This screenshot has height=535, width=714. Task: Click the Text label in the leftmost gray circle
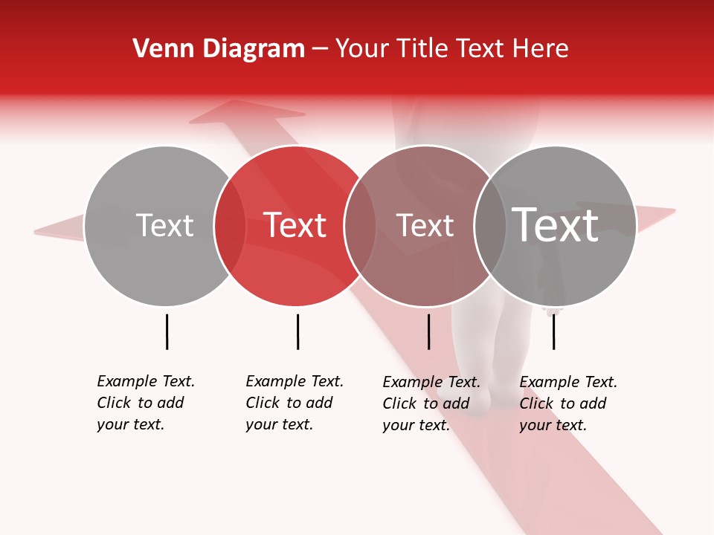(164, 226)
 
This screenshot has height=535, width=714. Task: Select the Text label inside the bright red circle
(295, 226)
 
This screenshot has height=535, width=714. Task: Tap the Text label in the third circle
(425, 226)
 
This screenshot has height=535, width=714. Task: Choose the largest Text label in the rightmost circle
(556, 224)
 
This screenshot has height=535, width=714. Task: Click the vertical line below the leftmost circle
(167, 331)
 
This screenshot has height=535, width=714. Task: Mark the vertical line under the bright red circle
(297, 331)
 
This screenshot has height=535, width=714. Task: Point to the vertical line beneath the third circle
(428, 331)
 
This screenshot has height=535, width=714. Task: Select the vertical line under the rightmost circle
(553, 331)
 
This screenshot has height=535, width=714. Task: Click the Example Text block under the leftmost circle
(145, 403)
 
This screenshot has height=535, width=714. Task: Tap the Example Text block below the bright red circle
(294, 403)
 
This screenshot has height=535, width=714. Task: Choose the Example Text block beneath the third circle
(431, 403)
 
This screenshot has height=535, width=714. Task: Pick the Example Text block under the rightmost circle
(567, 403)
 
